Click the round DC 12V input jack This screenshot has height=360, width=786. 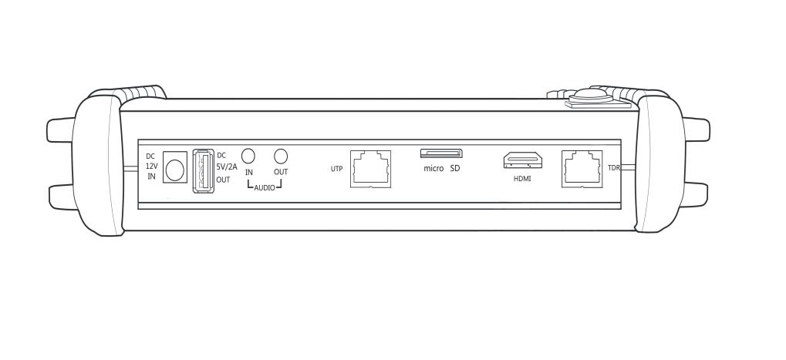click(x=174, y=170)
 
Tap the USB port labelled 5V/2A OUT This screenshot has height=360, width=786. click(x=204, y=170)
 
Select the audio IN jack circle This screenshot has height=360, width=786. click(x=248, y=156)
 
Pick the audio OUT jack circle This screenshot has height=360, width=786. click(x=281, y=156)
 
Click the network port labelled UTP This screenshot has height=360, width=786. click(x=370, y=169)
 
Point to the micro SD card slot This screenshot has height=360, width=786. click(x=441, y=153)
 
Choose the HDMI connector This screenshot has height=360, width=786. click(x=523, y=160)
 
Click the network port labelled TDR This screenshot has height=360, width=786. click(x=582, y=169)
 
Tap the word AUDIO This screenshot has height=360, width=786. click(x=265, y=188)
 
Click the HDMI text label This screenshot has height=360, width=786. click(x=522, y=178)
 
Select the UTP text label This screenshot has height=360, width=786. click(x=337, y=170)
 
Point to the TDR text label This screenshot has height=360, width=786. click(x=614, y=168)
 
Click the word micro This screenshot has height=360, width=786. click(x=433, y=169)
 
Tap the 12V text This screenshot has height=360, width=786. click(x=152, y=166)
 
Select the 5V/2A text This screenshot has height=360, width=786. click(x=227, y=168)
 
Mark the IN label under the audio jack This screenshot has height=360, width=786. click(x=249, y=172)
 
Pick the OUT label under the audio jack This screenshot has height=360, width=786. click(x=281, y=172)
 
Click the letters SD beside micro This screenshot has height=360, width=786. click(x=454, y=169)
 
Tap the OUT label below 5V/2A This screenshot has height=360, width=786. click(x=223, y=180)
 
